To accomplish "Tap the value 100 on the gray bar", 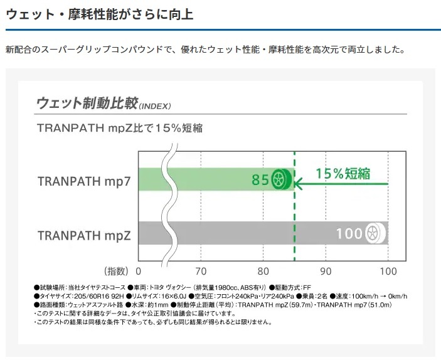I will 349,235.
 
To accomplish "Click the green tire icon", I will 282,181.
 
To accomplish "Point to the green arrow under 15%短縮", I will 342,184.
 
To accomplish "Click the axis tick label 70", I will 201,272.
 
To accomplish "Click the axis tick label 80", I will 263,272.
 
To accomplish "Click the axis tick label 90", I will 326,272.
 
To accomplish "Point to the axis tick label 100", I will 388,272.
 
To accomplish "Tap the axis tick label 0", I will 139,272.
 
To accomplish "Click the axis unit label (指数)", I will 114,272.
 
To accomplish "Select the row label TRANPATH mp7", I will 84,182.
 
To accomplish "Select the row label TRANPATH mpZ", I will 84,235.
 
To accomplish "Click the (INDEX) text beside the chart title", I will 154,106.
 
